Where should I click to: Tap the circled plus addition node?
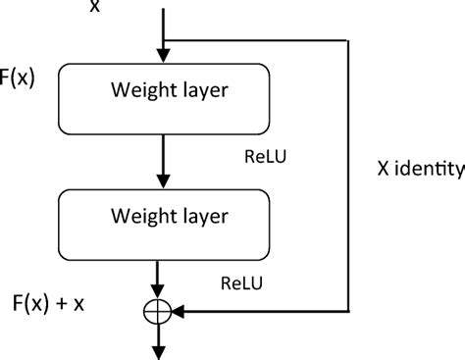tap(157, 311)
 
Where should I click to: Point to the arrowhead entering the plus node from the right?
tap(180, 311)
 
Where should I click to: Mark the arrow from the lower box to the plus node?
tap(157, 280)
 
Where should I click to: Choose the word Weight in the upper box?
tap(129, 91)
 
